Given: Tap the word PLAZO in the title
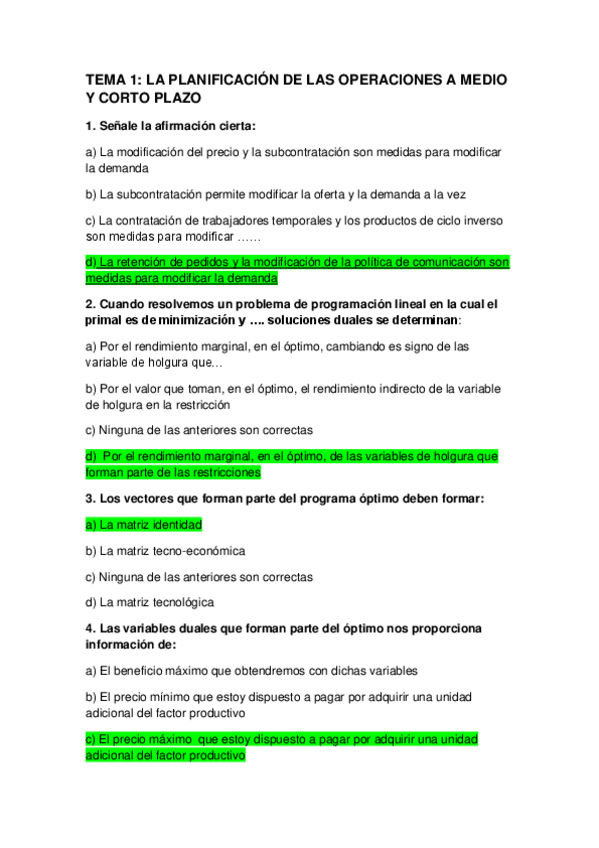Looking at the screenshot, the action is (x=176, y=98).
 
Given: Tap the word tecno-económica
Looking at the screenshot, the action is (x=197, y=551).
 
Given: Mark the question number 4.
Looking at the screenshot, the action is (x=90, y=628).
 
